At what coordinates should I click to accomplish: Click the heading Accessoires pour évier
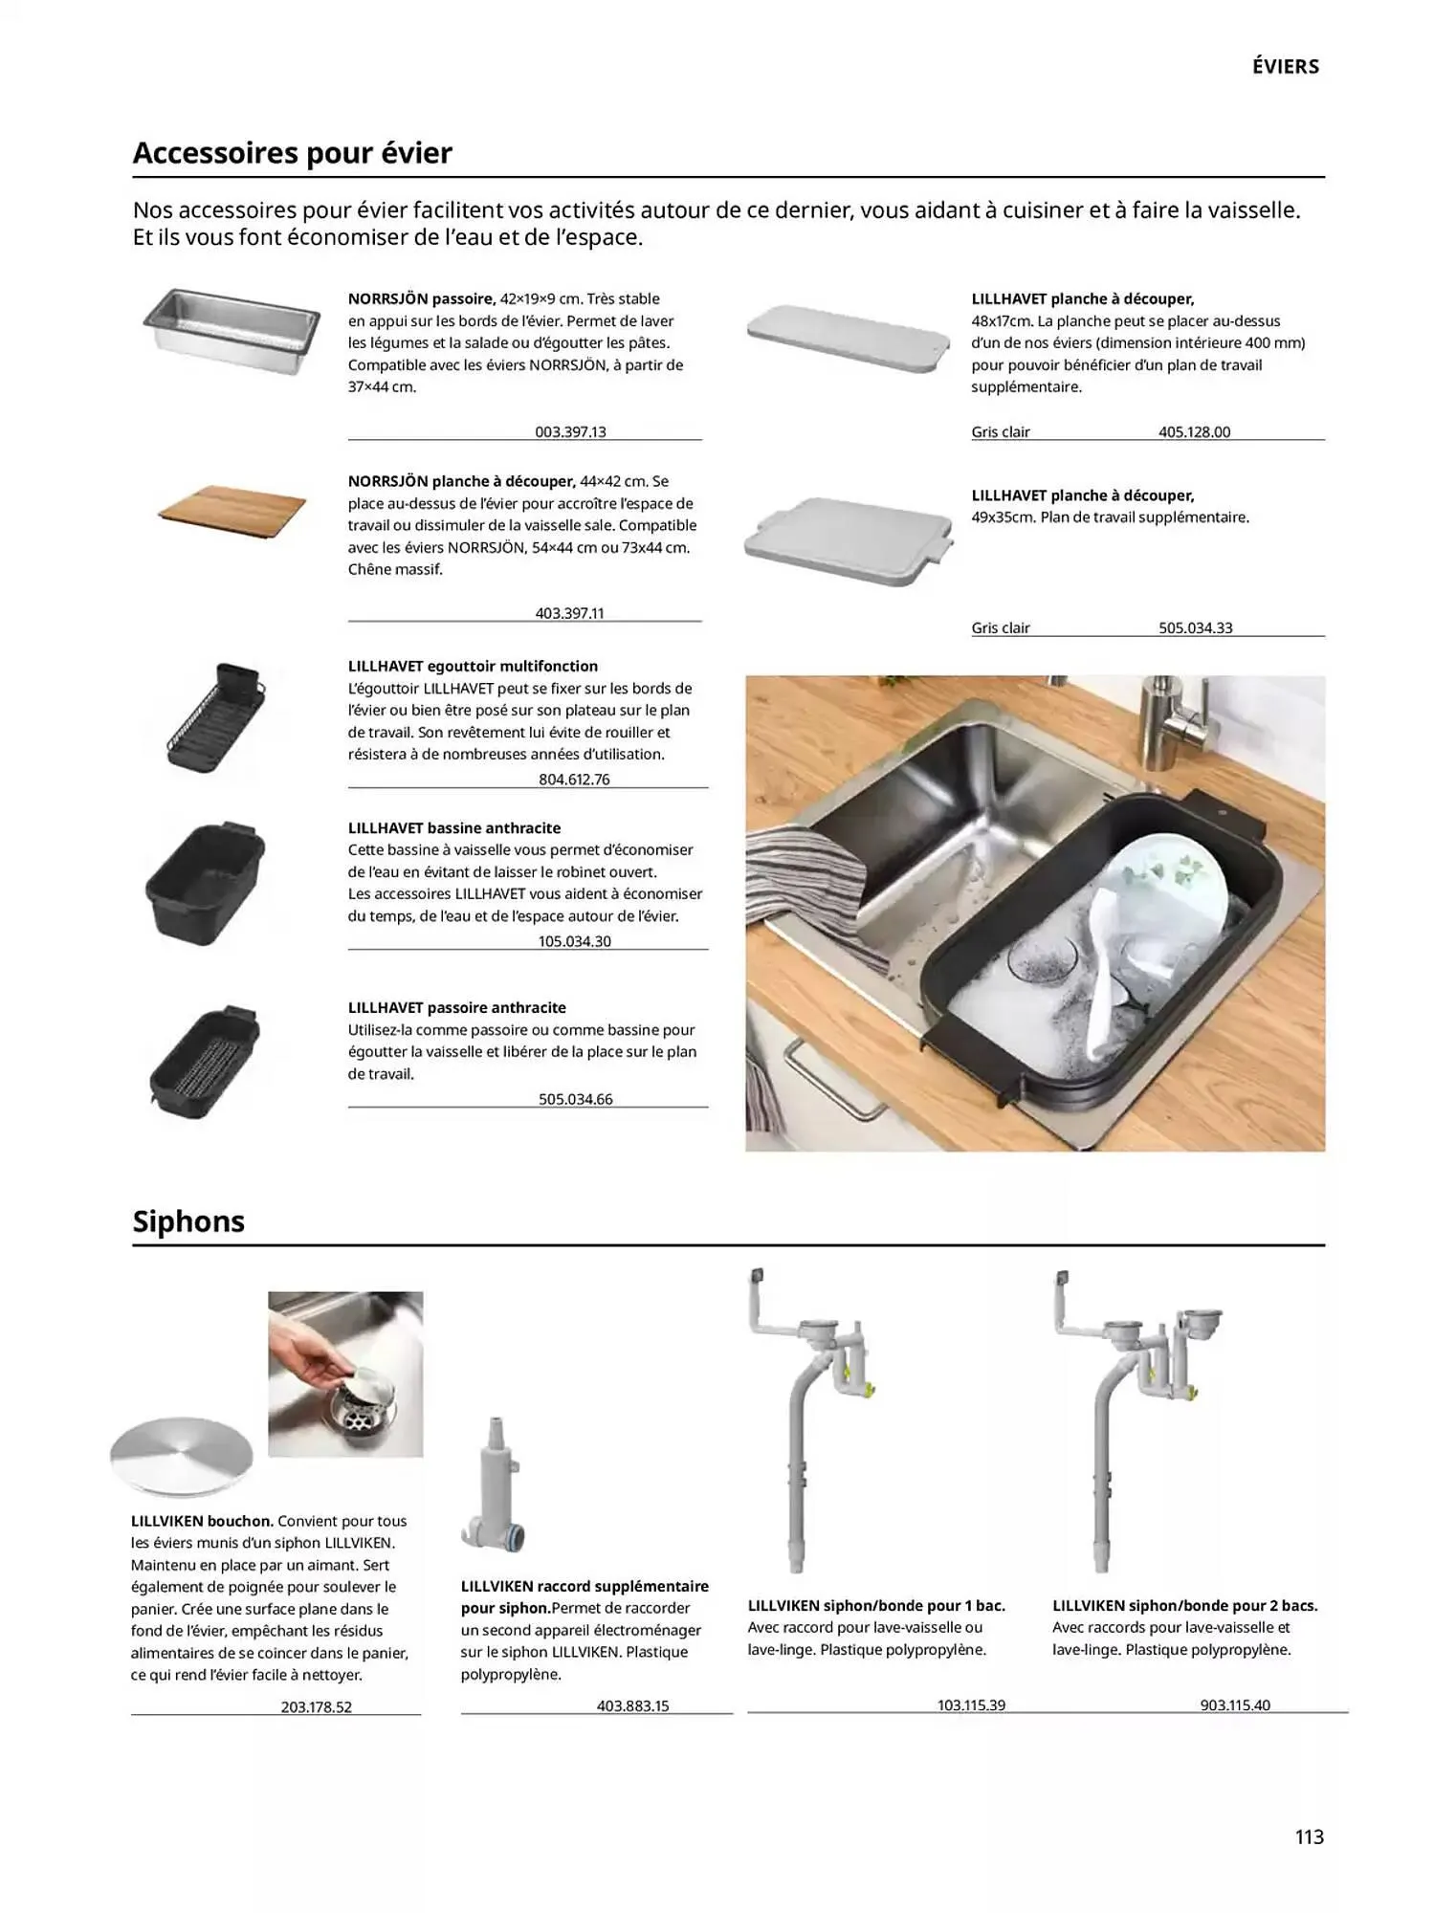click(292, 153)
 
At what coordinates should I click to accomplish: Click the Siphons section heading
click(188, 1221)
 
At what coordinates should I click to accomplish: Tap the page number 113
click(1309, 1836)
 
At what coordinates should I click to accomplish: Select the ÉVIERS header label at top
click(1285, 67)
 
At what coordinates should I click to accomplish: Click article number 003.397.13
click(570, 431)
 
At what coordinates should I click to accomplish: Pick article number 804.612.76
click(574, 779)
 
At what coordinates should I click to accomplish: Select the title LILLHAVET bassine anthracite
click(454, 828)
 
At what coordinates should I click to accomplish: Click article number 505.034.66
click(575, 1099)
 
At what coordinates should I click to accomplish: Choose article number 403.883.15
click(632, 1705)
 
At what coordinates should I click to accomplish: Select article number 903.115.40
click(1235, 1704)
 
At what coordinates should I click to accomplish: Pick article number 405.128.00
click(1194, 431)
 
